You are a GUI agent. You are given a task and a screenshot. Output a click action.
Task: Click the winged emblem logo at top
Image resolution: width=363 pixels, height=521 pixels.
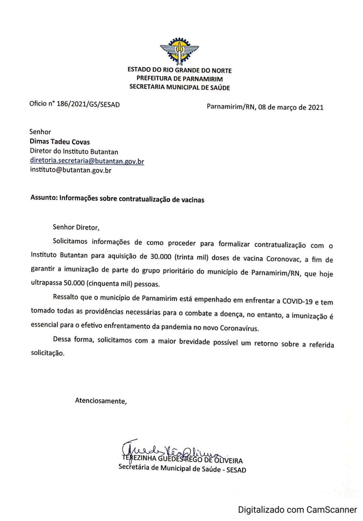point(179,51)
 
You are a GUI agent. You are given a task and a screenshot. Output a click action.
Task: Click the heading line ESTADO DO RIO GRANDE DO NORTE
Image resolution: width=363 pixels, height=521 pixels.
point(179,71)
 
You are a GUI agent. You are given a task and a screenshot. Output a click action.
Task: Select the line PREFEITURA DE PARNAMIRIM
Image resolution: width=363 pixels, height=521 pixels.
point(179,79)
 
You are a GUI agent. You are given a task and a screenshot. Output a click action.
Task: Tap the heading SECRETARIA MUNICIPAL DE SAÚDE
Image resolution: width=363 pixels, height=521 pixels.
point(179,88)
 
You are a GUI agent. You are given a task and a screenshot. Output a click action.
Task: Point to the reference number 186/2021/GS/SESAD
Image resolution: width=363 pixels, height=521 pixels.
point(88,104)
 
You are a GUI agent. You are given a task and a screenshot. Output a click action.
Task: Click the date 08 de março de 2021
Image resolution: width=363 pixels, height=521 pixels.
point(291,107)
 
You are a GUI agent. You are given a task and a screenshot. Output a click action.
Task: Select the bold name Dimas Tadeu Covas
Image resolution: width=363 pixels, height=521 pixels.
point(60,142)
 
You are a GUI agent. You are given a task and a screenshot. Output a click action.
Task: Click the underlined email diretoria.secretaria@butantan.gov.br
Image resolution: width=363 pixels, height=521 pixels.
point(87,161)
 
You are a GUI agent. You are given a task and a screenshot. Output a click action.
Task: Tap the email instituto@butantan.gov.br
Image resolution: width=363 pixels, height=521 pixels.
point(71,170)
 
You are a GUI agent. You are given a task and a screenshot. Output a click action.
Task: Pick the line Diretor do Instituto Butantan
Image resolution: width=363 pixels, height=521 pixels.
point(74,152)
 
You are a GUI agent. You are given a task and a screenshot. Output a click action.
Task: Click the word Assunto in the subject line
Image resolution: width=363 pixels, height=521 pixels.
point(44,198)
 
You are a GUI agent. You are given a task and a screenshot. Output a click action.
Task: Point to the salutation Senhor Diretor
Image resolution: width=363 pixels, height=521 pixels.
point(76,227)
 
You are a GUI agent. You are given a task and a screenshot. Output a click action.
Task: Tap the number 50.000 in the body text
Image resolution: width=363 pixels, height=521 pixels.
point(74,283)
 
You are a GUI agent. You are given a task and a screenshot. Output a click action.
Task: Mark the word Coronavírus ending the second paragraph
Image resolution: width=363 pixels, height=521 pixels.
point(239,328)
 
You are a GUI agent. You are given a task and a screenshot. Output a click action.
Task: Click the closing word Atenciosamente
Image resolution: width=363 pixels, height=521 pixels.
point(100,401)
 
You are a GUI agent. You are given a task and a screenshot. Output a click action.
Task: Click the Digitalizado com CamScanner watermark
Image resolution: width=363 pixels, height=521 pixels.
point(297,510)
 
